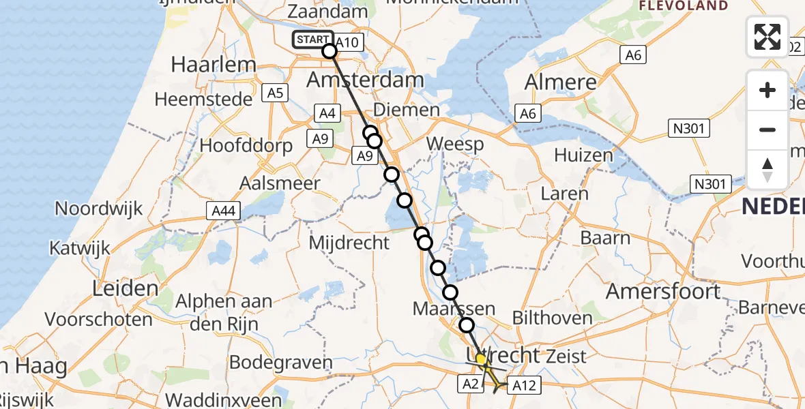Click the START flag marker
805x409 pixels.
[313, 40]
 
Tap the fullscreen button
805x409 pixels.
[767, 37]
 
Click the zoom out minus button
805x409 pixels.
[767, 130]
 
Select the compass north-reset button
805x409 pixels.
[767, 169]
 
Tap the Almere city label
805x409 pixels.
[560, 82]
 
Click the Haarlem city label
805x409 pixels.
[204, 65]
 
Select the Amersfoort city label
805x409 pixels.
[662, 291]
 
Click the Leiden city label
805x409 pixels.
[126, 288]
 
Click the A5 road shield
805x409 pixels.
[276, 93]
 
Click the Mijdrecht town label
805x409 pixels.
[349, 242]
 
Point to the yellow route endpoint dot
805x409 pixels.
[481, 359]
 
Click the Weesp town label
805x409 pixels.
[455, 144]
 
